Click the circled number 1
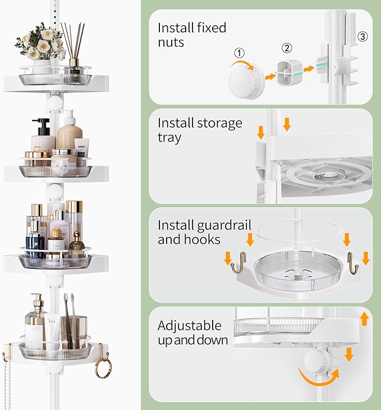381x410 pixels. coord(240,53)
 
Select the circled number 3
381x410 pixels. coord(362,37)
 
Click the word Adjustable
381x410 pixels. coord(189,326)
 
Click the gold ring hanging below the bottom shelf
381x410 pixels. coord(103,368)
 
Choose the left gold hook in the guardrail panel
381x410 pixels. coord(238,264)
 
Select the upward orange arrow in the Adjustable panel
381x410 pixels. coord(364,319)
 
